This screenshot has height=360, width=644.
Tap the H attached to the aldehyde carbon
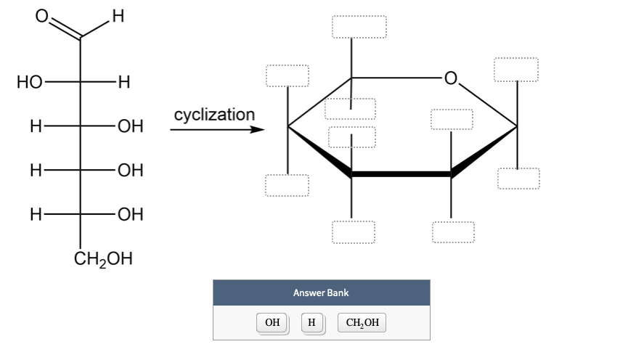point(119,15)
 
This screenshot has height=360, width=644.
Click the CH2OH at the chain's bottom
point(104,259)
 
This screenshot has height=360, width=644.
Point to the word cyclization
point(214,115)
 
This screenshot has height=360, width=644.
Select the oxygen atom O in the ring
point(451,78)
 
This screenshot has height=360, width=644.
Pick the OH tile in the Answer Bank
point(272,323)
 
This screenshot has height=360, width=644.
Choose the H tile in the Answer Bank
point(311,323)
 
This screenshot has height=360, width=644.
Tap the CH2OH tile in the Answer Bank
point(362,323)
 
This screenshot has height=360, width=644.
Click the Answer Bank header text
point(321,292)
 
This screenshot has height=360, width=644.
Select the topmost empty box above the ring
point(359,26)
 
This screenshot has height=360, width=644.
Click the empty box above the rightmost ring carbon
point(516,70)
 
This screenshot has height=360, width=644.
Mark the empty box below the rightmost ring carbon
point(518,179)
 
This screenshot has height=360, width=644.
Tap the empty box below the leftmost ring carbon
point(287,185)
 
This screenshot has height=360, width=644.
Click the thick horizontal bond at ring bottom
point(401,174)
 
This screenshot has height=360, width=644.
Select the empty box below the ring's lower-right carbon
point(453,232)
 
